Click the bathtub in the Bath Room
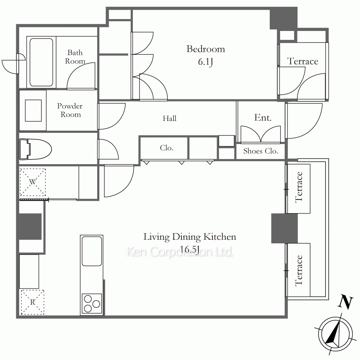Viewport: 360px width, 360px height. (41, 62)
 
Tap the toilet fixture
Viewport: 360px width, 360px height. (35, 149)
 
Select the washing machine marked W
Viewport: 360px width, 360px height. (33, 182)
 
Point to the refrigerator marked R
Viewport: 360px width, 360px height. (33, 302)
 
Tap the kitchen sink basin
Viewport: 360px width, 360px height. (92, 251)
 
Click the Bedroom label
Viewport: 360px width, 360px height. (206, 49)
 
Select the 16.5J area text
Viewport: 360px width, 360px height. (189, 249)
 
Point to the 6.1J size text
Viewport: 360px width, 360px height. (206, 62)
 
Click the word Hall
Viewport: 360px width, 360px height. (170, 118)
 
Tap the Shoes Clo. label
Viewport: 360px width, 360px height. (261, 151)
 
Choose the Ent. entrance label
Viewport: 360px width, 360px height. (263, 118)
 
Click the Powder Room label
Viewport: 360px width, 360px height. (70, 110)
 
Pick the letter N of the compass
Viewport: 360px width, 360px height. (345, 301)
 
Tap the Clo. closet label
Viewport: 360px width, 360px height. (166, 148)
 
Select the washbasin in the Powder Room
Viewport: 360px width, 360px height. (33, 111)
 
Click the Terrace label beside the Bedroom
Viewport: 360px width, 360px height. (303, 61)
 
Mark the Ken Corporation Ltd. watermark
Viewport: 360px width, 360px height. (180, 252)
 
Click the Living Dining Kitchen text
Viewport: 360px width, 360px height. (190, 237)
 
